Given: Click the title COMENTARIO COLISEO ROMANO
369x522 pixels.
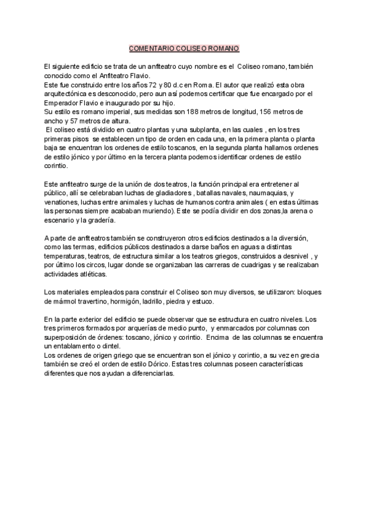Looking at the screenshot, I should pyautogui.click(x=184, y=48).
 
